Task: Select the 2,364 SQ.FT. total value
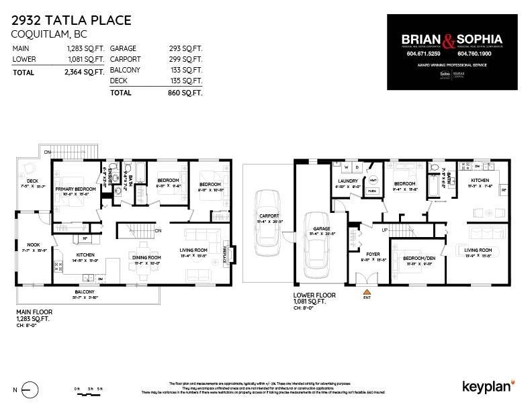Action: [x=85, y=72]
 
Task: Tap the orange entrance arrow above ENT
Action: [x=367, y=292]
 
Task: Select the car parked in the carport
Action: [x=267, y=216]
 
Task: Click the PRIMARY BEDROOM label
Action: [x=76, y=189]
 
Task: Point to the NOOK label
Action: [x=33, y=245]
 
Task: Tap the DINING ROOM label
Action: [x=146, y=257]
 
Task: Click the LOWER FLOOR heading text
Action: [x=313, y=295]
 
